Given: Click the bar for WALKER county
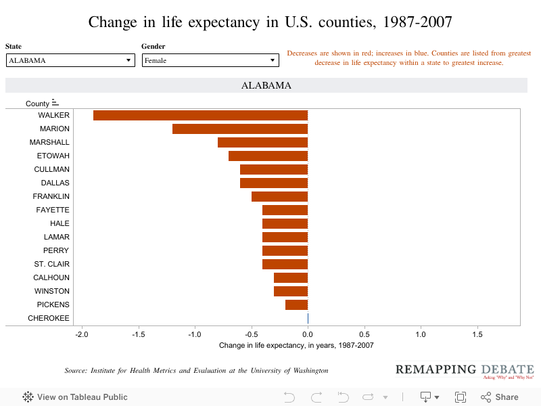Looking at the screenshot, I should tap(200, 115).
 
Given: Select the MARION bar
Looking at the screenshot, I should tap(240, 129).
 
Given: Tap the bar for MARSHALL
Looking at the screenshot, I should tap(262, 142).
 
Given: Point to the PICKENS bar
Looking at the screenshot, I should tap(296, 304).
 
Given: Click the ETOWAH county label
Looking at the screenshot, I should tap(53, 156).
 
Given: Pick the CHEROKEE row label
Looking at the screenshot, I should tap(49, 318).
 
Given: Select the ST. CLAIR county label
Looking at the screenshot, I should tap(52, 264).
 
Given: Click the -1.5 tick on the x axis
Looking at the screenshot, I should tap(138, 334).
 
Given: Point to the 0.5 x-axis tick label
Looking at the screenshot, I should tap(364, 334).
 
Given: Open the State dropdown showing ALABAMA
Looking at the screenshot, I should tap(70, 60).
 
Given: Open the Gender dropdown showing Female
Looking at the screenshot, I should tap(210, 60).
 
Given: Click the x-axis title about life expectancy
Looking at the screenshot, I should tap(296, 345).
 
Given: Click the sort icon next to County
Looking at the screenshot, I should tap(55, 103).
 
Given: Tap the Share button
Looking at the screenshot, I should tap(500, 397).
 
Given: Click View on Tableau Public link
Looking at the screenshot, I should tap(75, 397).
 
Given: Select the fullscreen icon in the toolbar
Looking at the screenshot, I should tap(461, 397).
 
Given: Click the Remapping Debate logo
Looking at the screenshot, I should tap(465, 371).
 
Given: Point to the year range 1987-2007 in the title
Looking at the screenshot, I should tap(413, 22).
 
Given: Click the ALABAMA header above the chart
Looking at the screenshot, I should tap(266, 86).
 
